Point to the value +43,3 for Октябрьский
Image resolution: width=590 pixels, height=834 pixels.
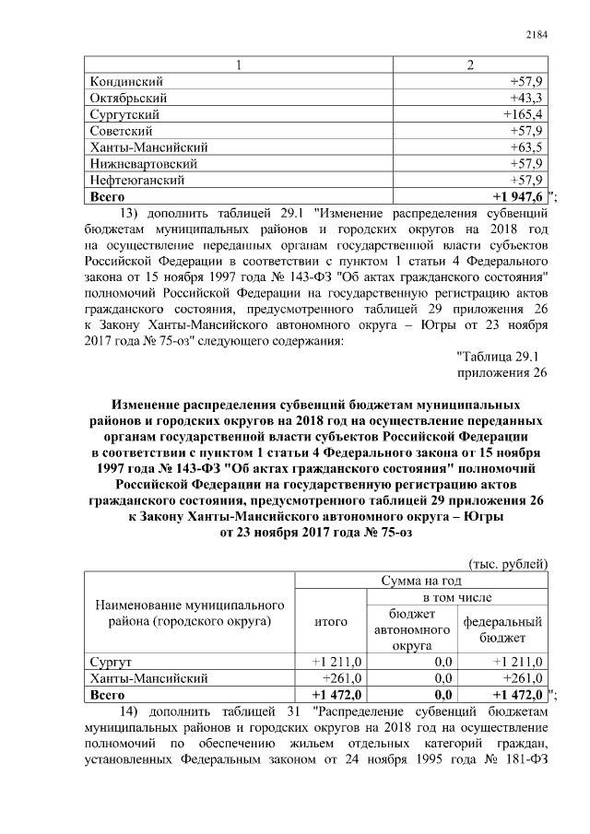click(525, 98)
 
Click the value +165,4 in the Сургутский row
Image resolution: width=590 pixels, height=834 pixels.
click(522, 114)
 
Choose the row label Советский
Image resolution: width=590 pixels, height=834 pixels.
click(121, 131)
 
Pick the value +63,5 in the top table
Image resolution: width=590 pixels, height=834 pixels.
click(525, 147)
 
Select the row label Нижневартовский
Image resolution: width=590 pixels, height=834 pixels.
click(137, 163)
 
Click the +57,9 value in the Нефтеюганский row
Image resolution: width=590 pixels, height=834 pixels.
click(525, 180)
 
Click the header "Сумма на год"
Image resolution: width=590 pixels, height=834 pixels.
click(421, 581)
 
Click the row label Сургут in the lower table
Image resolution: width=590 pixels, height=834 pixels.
click(110, 663)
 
